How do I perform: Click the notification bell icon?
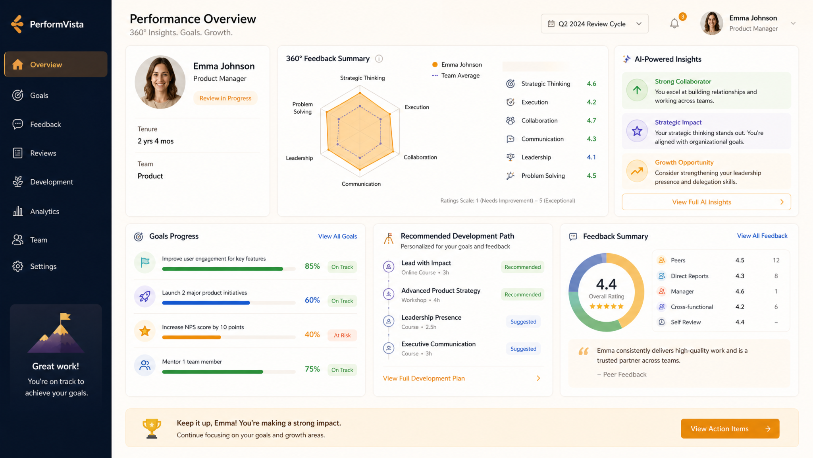[x=674, y=24]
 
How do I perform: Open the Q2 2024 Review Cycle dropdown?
[x=594, y=24]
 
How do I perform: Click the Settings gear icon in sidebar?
[x=18, y=266]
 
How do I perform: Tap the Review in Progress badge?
[x=225, y=98]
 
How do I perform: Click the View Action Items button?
[x=730, y=429]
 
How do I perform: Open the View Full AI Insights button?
[x=706, y=202]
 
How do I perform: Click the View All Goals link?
[x=337, y=236]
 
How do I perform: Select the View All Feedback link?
[x=762, y=236]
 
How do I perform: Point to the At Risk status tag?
[x=342, y=335]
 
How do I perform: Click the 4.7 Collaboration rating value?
[x=591, y=120]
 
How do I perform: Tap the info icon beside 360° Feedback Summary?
[x=379, y=59]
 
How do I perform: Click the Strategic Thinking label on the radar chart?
[x=362, y=78]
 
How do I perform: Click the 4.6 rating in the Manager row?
[x=740, y=291]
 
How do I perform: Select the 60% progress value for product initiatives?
[x=312, y=300]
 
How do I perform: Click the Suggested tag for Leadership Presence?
[x=523, y=322]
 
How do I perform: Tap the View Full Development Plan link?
[x=424, y=378]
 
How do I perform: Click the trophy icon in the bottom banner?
[x=152, y=429]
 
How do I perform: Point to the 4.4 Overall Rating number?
[x=606, y=284]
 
